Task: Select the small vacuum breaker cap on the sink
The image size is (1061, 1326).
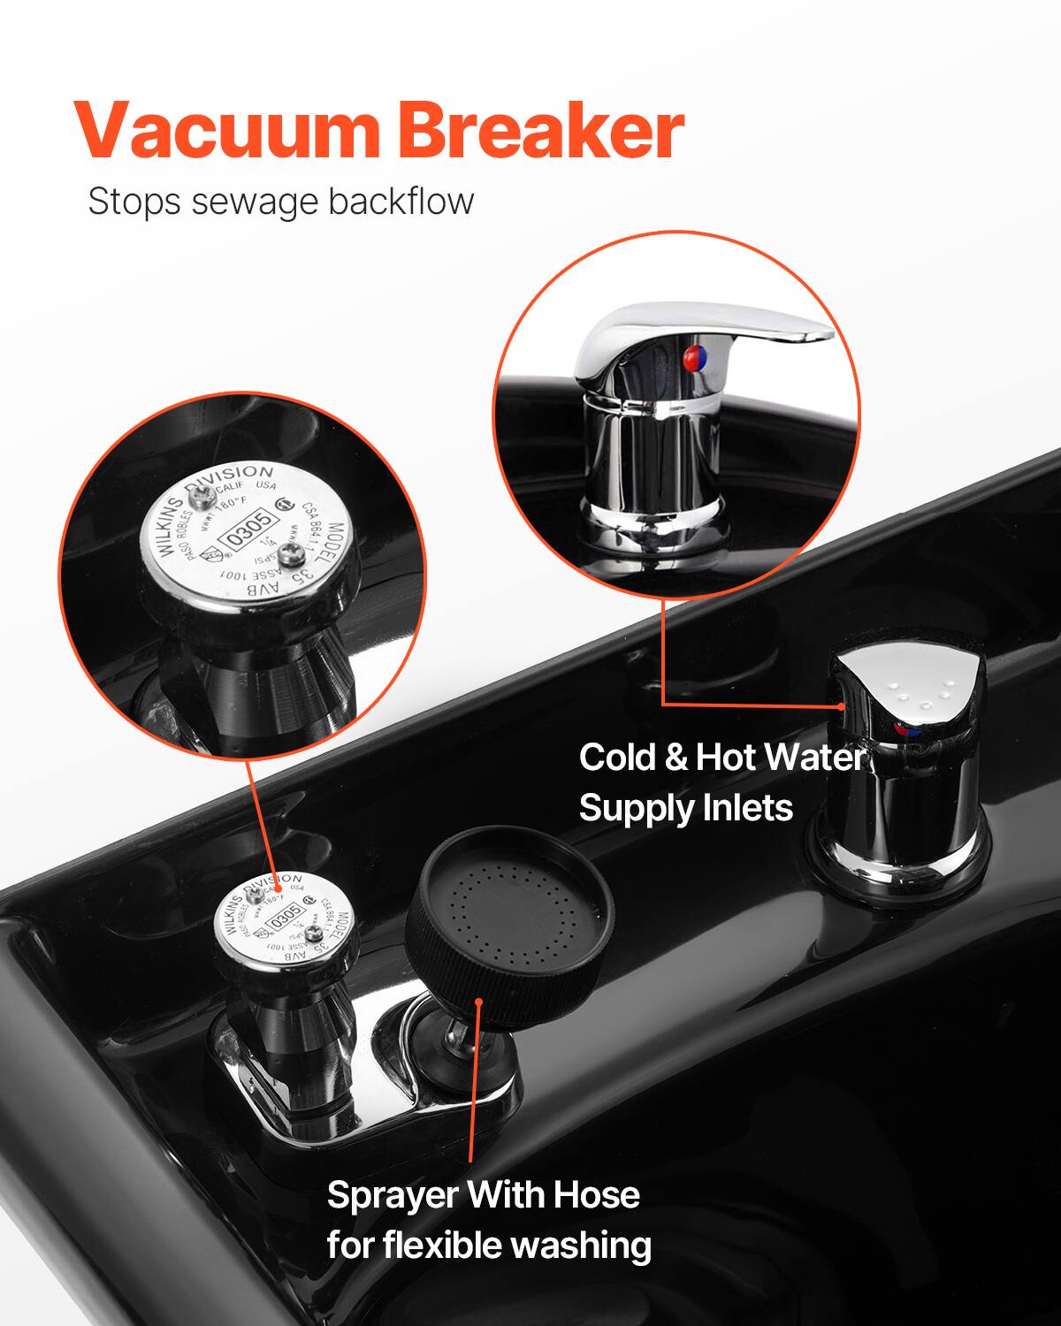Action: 284,919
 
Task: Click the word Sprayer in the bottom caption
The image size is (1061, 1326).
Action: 391,1195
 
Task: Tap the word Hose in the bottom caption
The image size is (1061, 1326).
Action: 596,1195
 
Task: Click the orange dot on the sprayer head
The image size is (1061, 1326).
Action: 478,1002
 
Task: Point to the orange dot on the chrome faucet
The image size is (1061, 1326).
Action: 842,706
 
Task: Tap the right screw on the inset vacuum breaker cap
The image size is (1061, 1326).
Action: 288,553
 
